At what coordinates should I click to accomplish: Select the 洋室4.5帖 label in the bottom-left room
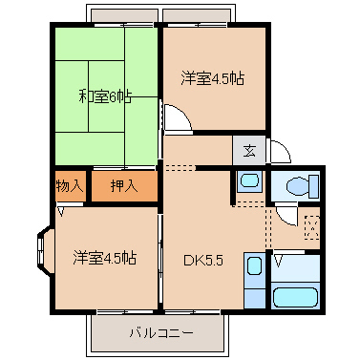point(104,257)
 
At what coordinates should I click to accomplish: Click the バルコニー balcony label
point(160,333)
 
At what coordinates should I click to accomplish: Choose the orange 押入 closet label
point(123,185)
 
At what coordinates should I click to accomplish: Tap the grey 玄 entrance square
point(248,150)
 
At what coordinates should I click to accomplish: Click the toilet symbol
point(295,185)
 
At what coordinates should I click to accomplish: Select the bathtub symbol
point(296,294)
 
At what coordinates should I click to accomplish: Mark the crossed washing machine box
point(311,228)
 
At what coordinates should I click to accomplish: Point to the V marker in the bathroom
point(278,259)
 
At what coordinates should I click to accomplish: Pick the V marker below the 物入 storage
point(60,213)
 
